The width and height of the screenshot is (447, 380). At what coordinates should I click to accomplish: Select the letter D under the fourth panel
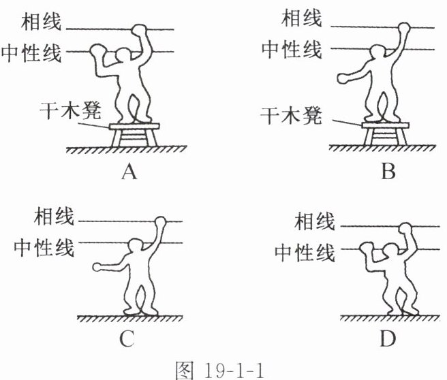(x=388, y=338)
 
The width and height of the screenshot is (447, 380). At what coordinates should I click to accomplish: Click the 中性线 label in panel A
(x=31, y=52)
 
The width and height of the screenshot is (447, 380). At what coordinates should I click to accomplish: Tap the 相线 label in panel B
(x=300, y=18)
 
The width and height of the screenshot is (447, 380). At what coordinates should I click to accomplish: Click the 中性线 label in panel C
(x=43, y=245)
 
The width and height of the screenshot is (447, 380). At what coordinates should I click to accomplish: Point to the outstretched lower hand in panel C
(x=98, y=267)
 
